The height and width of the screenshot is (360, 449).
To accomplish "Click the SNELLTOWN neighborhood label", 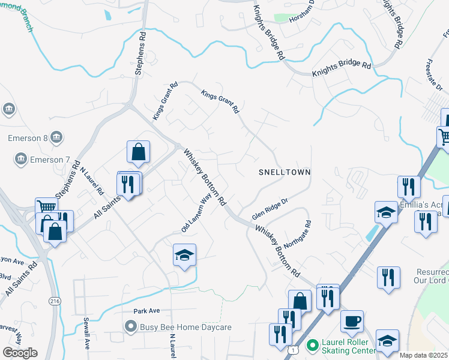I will click(285, 172).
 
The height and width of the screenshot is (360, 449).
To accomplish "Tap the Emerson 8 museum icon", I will click(56, 137).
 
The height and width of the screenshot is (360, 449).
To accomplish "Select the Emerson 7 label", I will click(47, 160).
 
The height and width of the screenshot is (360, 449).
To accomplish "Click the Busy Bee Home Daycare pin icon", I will click(130, 327).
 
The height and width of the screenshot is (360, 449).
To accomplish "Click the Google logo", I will click(20, 353).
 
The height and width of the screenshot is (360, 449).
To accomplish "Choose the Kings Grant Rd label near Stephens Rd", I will click(165, 101).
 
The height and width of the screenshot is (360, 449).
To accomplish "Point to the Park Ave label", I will click(147, 311).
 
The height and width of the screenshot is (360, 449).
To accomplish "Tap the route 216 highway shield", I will click(55, 301).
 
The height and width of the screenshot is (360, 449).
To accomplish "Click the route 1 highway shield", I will click(292, 349).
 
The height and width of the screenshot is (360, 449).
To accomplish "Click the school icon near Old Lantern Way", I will click(185, 254).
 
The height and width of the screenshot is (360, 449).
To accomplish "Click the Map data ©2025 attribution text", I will click(423, 355).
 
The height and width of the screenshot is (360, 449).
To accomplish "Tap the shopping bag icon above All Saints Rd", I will click(138, 152).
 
